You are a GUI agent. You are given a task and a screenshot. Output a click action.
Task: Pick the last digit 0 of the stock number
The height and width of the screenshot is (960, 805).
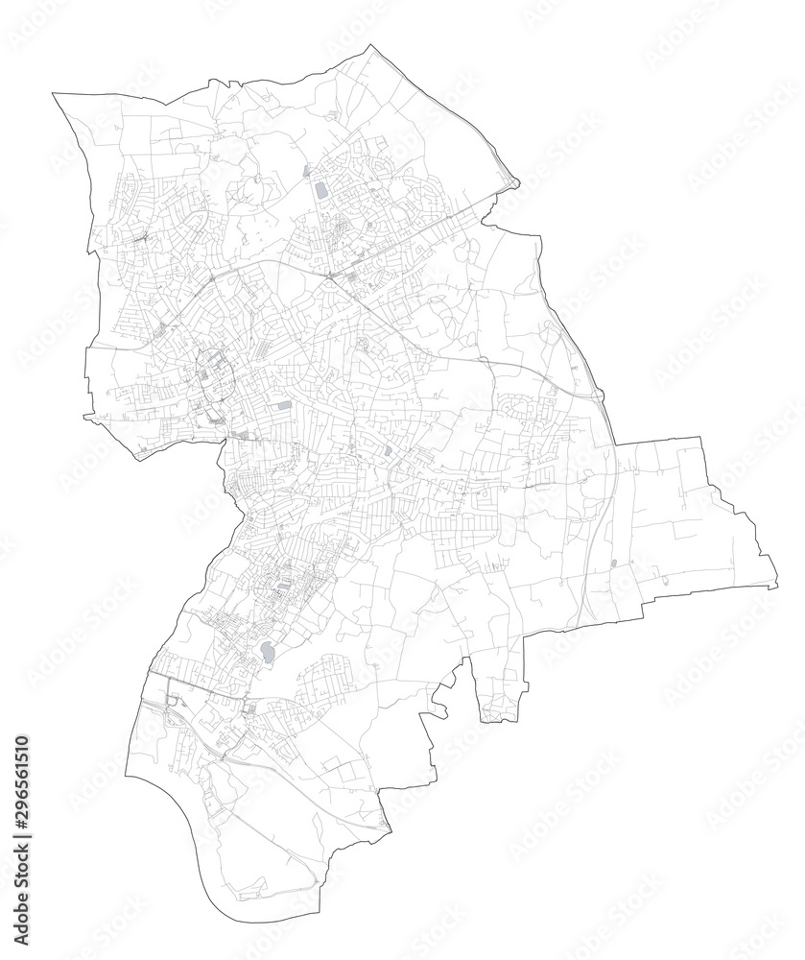21,740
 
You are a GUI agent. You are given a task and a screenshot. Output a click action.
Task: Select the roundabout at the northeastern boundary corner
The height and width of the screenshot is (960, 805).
513,182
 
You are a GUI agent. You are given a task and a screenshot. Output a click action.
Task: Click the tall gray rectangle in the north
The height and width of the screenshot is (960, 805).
320,191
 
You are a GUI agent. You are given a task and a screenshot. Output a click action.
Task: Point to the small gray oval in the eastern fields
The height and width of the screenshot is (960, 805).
613,564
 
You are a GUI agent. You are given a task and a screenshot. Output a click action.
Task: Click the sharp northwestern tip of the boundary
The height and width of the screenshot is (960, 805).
54,93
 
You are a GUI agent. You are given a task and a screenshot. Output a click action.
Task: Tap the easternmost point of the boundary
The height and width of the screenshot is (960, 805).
776,585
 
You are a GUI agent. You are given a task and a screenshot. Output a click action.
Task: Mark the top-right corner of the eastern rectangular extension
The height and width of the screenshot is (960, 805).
701,438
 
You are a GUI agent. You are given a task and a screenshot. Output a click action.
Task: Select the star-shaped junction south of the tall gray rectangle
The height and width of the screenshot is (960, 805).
330,277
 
